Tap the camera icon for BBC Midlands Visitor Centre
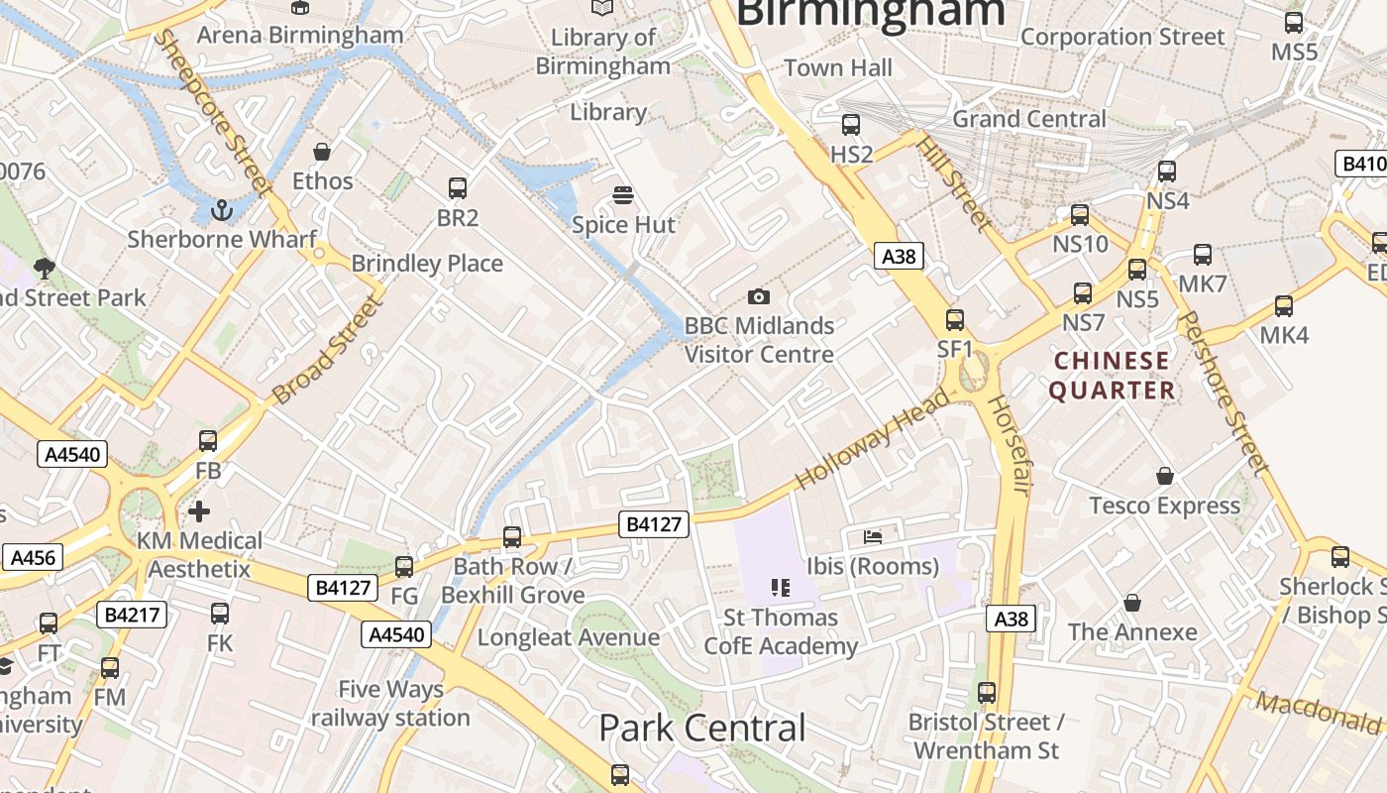(759, 296)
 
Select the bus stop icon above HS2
(851, 125)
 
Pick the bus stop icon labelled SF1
(955, 320)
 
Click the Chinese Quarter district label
(1112, 376)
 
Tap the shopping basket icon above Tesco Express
(1165, 477)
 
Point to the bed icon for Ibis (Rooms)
(872, 536)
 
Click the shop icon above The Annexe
(1132, 603)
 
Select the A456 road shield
(32, 558)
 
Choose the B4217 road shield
(132, 615)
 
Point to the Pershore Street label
(1226, 392)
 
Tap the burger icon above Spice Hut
(622, 195)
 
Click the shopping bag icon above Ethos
(322, 152)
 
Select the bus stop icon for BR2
(458, 187)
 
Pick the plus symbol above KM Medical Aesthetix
(199, 511)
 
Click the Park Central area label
(702, 729)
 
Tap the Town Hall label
(838, 67)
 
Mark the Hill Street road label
(953, 183)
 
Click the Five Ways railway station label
(390, 703)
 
